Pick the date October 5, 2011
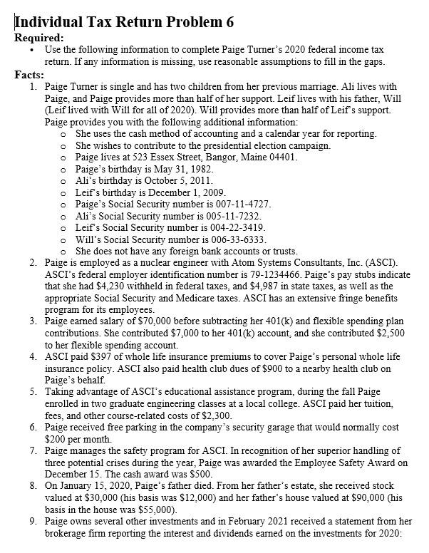tap(176, 180)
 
